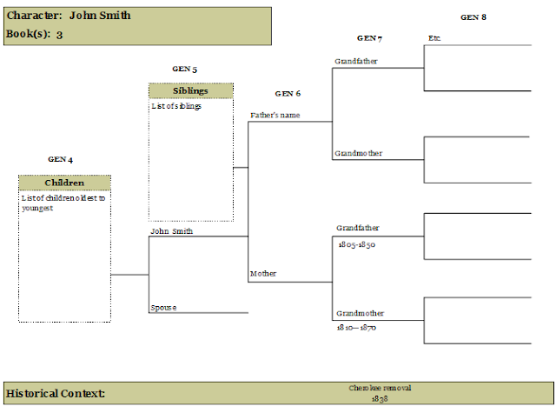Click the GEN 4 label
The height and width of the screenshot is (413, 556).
60,159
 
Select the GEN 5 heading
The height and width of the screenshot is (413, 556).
184,69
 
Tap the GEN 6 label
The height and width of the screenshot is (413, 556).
288,94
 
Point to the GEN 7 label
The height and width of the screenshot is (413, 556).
369,38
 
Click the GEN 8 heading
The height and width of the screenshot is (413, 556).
473,17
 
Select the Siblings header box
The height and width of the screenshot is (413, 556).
191,90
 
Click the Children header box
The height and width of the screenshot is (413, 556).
64,183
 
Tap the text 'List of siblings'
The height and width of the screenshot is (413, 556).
176,106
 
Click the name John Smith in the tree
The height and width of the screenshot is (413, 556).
172,231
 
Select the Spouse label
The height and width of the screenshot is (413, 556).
163,308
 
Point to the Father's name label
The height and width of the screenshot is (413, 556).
275,115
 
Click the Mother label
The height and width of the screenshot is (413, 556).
263,274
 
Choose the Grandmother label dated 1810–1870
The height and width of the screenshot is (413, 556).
360,313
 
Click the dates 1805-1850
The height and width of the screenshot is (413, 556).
357,244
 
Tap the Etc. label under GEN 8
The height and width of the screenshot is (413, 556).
434,38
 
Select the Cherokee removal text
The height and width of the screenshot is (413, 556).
380,388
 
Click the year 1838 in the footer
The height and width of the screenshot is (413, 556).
380,399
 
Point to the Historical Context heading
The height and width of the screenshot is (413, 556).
56,394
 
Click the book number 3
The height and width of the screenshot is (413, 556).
59,35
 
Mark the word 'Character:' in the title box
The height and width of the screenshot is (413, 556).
35,16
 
